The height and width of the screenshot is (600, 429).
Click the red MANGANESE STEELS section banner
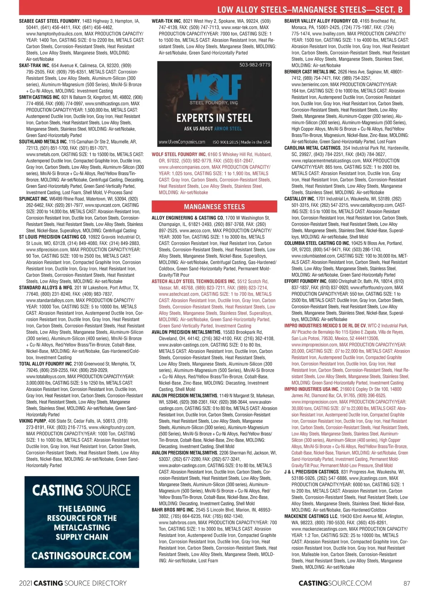[214, 207]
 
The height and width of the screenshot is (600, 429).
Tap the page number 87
[406, 583]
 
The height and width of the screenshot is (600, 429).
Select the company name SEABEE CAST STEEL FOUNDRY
[49, 21]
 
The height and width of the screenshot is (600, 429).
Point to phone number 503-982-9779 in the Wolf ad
[255, 65]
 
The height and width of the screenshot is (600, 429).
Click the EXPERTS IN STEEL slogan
[214, 118]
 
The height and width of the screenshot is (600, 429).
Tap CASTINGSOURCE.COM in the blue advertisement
[82, 555]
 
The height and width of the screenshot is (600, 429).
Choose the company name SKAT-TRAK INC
[34, 66]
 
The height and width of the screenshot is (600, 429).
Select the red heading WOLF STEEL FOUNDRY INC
[178, 155]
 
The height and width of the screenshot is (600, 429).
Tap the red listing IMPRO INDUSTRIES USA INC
[311, 389]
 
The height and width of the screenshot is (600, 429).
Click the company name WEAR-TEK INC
[166, 21]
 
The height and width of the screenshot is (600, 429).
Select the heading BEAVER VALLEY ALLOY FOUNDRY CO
[321, 21]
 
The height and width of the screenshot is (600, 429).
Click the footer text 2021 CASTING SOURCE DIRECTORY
[73, 583]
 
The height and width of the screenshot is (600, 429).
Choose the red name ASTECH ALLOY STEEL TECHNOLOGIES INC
[193, 281]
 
